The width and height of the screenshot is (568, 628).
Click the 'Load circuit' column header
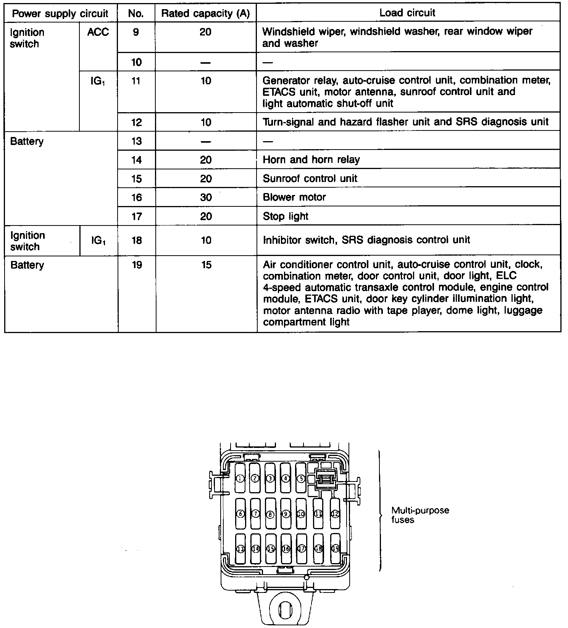[x=407, y=13]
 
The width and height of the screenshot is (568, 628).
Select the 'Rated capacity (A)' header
[x=205, y=13]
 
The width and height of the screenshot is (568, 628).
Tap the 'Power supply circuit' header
[x=60, y=14]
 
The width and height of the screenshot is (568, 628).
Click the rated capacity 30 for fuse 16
[x=206, y=197]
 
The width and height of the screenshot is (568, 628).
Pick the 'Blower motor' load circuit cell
[x=294, y=197]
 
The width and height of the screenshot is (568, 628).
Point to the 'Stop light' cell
[x=286, y=216]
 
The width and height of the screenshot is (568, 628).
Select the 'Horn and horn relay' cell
[x=311, y=159]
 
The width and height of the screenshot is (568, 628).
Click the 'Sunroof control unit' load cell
[x=310, y=178]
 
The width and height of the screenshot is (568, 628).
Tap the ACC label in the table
[x=98, y=32]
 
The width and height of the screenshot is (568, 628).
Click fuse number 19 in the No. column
[x=137, y=265]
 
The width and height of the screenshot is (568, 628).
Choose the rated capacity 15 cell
[x=206, y=265]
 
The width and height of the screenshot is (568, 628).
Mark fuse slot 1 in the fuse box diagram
[x=240, y=478]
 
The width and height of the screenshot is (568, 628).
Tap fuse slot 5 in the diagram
[x=301, y=478]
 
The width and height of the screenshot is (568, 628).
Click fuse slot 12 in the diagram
[x=335, y=514]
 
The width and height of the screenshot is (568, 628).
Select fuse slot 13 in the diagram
[x=240, y=549]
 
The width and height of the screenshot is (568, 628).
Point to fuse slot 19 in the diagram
[x=335, y=549]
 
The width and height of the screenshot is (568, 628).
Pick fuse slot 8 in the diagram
[x=271, y=514]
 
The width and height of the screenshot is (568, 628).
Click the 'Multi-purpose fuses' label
[x=420, y=515]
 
